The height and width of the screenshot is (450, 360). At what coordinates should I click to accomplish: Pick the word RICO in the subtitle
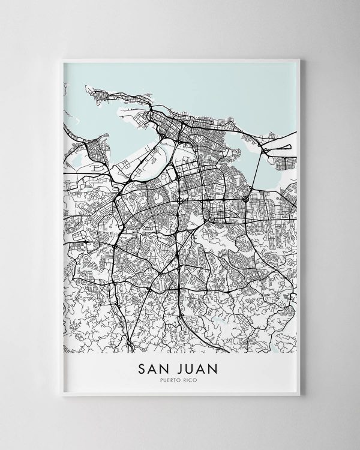194,379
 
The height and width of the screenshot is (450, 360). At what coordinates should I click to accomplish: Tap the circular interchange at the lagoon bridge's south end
246,199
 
